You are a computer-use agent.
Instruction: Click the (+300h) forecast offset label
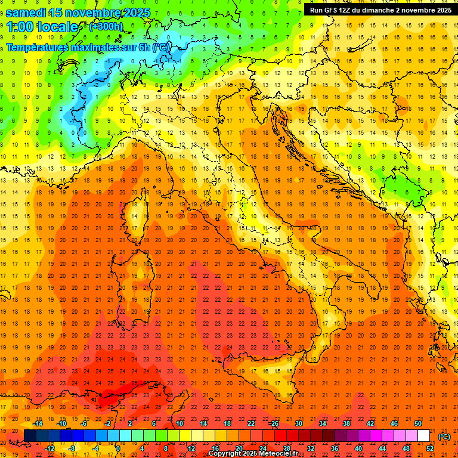pos(106,27)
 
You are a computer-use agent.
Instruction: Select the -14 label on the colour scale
pos(38,423)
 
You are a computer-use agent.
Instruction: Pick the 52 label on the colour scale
pos(430,448)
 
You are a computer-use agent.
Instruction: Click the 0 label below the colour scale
pos(117,448)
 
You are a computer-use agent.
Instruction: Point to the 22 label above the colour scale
pos(251,423)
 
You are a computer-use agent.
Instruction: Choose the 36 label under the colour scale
pos(335,448)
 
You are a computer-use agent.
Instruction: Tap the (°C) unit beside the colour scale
pos(445,436)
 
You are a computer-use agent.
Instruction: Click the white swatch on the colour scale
pos(423,436)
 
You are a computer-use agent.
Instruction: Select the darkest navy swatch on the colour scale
pos(30,436)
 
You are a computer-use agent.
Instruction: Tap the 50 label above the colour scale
pos(418,423)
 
